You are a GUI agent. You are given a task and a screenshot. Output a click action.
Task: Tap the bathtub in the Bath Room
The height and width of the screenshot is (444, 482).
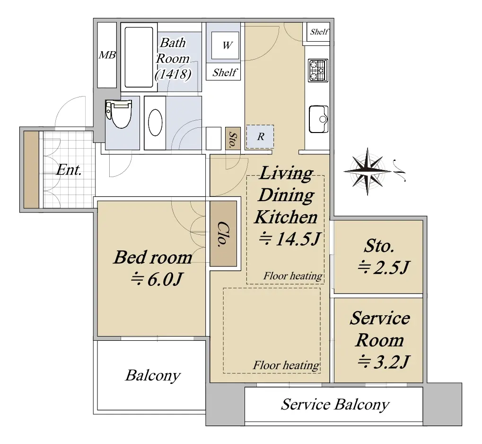139,57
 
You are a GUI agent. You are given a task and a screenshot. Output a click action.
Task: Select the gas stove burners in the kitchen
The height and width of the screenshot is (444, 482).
318,71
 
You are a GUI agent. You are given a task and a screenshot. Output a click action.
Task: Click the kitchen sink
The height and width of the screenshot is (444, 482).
318,119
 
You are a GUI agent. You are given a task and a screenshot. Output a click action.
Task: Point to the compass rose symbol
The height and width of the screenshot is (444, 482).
368,171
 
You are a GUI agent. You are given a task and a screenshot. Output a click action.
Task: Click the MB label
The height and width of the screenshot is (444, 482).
107,55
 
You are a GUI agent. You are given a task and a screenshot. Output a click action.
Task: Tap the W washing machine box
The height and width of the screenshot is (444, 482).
226,45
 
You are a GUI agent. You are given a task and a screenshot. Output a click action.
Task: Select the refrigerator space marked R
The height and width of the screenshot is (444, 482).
260,136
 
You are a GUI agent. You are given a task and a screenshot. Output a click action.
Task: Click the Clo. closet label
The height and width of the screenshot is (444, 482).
223,234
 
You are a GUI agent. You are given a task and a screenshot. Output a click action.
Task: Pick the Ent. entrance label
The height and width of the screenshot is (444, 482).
69,169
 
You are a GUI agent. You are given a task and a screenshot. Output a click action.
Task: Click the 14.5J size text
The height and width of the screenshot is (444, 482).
290,239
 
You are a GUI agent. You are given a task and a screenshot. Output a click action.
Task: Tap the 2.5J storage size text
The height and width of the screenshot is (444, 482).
383,267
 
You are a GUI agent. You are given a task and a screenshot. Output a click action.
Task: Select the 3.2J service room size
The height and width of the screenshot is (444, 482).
383,362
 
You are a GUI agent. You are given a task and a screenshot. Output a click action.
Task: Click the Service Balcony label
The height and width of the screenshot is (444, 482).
335,404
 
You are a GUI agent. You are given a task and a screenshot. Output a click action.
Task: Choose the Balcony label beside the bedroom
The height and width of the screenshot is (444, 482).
153,376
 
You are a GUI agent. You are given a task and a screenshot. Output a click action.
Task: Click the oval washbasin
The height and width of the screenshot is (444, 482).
155,123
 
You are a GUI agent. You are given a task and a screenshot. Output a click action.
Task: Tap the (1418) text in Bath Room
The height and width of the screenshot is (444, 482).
173,74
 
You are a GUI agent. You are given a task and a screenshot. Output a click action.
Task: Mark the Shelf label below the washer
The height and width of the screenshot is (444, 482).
224,72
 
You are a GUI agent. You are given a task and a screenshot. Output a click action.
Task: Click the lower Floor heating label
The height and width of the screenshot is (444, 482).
286,365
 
